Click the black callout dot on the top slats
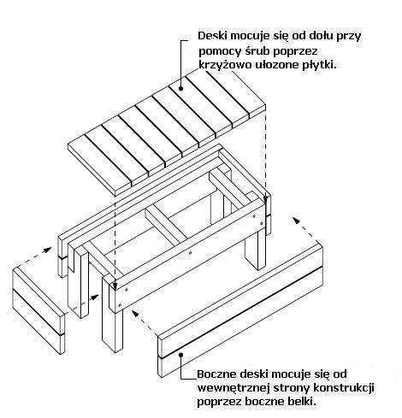point(180,89)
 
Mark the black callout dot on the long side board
point(180,355)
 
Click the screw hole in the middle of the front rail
point(191,252)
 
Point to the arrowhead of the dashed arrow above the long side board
point(297,221)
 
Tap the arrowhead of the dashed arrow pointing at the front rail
point(135,313)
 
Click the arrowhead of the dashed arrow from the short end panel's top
point(48,250)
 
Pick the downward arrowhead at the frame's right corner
point(266,198)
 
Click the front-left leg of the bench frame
point(113,327)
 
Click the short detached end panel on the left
point(38,310)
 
